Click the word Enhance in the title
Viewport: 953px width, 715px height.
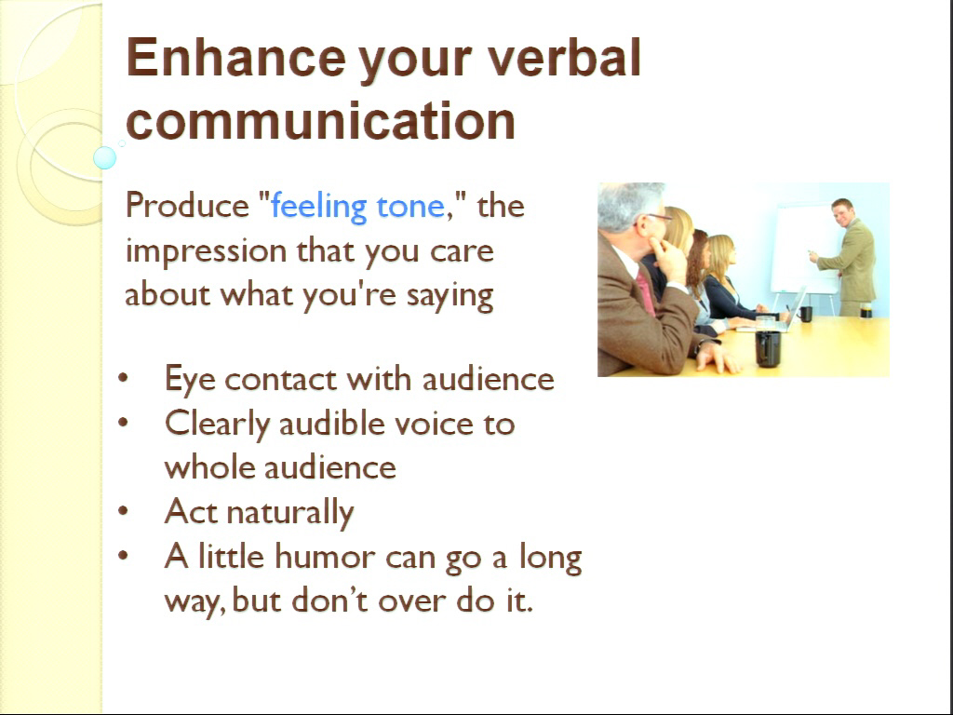[235, 57]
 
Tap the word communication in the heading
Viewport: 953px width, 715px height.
[321, 120]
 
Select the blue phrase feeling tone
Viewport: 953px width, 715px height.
[358, 207]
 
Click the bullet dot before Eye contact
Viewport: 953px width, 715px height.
[124, 378]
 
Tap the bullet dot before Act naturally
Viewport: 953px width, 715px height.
[124, 511]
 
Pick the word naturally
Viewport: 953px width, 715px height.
[290, 513]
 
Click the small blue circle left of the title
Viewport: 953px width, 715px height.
[104, 157]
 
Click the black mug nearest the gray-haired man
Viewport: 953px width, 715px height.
[768, 348]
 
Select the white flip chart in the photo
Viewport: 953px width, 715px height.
[799, 250]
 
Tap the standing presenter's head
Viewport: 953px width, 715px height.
[842, 211]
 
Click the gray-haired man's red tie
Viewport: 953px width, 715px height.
[646, 293]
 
